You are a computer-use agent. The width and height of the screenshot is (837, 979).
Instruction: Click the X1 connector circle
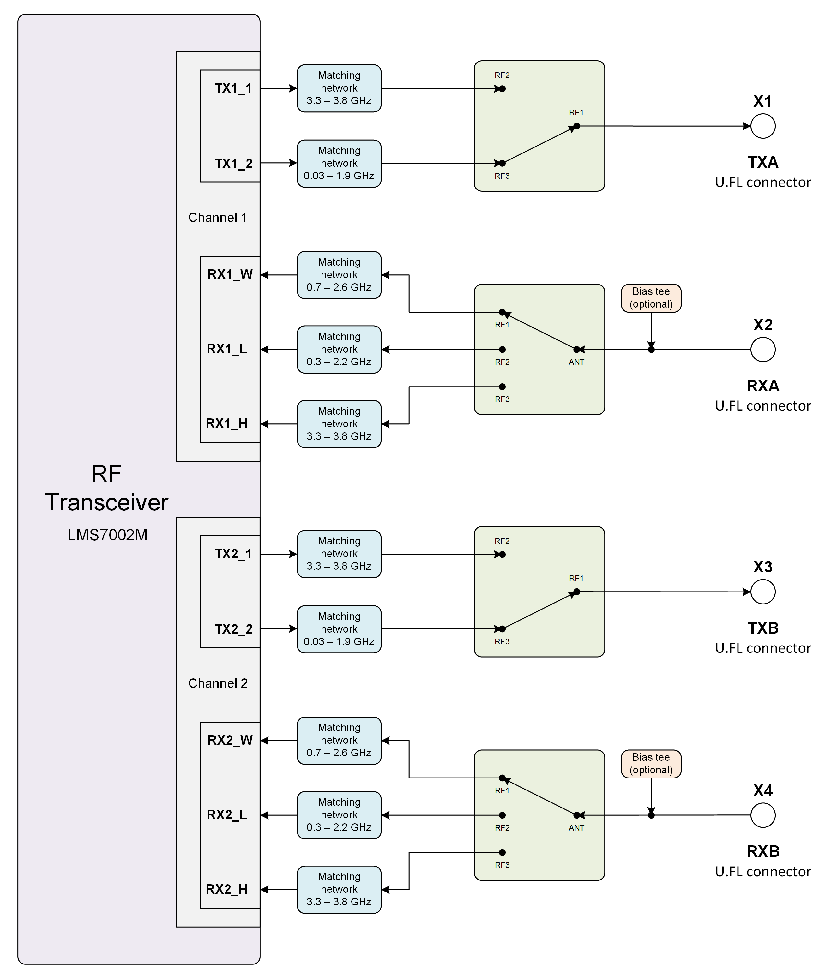pyautogui.click(x=763, y=126)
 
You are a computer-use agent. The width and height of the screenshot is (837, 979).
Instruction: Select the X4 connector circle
pyautogui.click(x=763, y=815)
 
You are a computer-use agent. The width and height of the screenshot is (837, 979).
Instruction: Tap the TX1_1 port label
pyautogui.click(x=233, y=88)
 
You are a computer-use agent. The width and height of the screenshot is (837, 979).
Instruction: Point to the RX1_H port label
pyautogui.click(x=227, y=423)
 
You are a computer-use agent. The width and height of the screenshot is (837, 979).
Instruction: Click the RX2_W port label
pyautogui.click(x=230, y=740)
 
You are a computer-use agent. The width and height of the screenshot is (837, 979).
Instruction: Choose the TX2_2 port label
pyautogui.click(x=233, y=629)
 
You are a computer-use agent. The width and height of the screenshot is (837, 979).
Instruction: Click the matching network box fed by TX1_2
pyautogui.click(x=339, y=164)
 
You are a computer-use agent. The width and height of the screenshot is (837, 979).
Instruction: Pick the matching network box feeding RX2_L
pyautogui.click(x=339, y=815)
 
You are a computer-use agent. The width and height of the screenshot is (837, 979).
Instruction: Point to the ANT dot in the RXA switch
pyautogui.click(x=577, y=350)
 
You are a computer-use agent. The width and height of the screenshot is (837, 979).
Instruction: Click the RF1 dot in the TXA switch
pyautogui.click(x=577, y=126)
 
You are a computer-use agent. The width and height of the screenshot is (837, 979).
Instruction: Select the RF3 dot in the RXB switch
pyautogui.click(x=503, y=852)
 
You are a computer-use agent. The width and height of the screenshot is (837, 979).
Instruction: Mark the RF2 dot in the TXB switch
pyautogui.click(x=503, y=554)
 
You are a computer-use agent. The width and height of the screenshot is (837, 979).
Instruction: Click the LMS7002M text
pyautogui.click(x=108, y=535)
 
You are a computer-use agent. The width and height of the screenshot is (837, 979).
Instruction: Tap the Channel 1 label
pyautogui.click(x=217, y=218)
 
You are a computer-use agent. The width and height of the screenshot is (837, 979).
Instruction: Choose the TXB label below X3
pyautogui.click(x=763, y=628)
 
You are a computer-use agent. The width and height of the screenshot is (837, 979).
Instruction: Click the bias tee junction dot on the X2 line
pyautogui.click(x=651, y=350)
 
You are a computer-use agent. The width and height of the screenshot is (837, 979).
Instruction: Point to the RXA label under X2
pyautogui.click(x=763, y=386)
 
